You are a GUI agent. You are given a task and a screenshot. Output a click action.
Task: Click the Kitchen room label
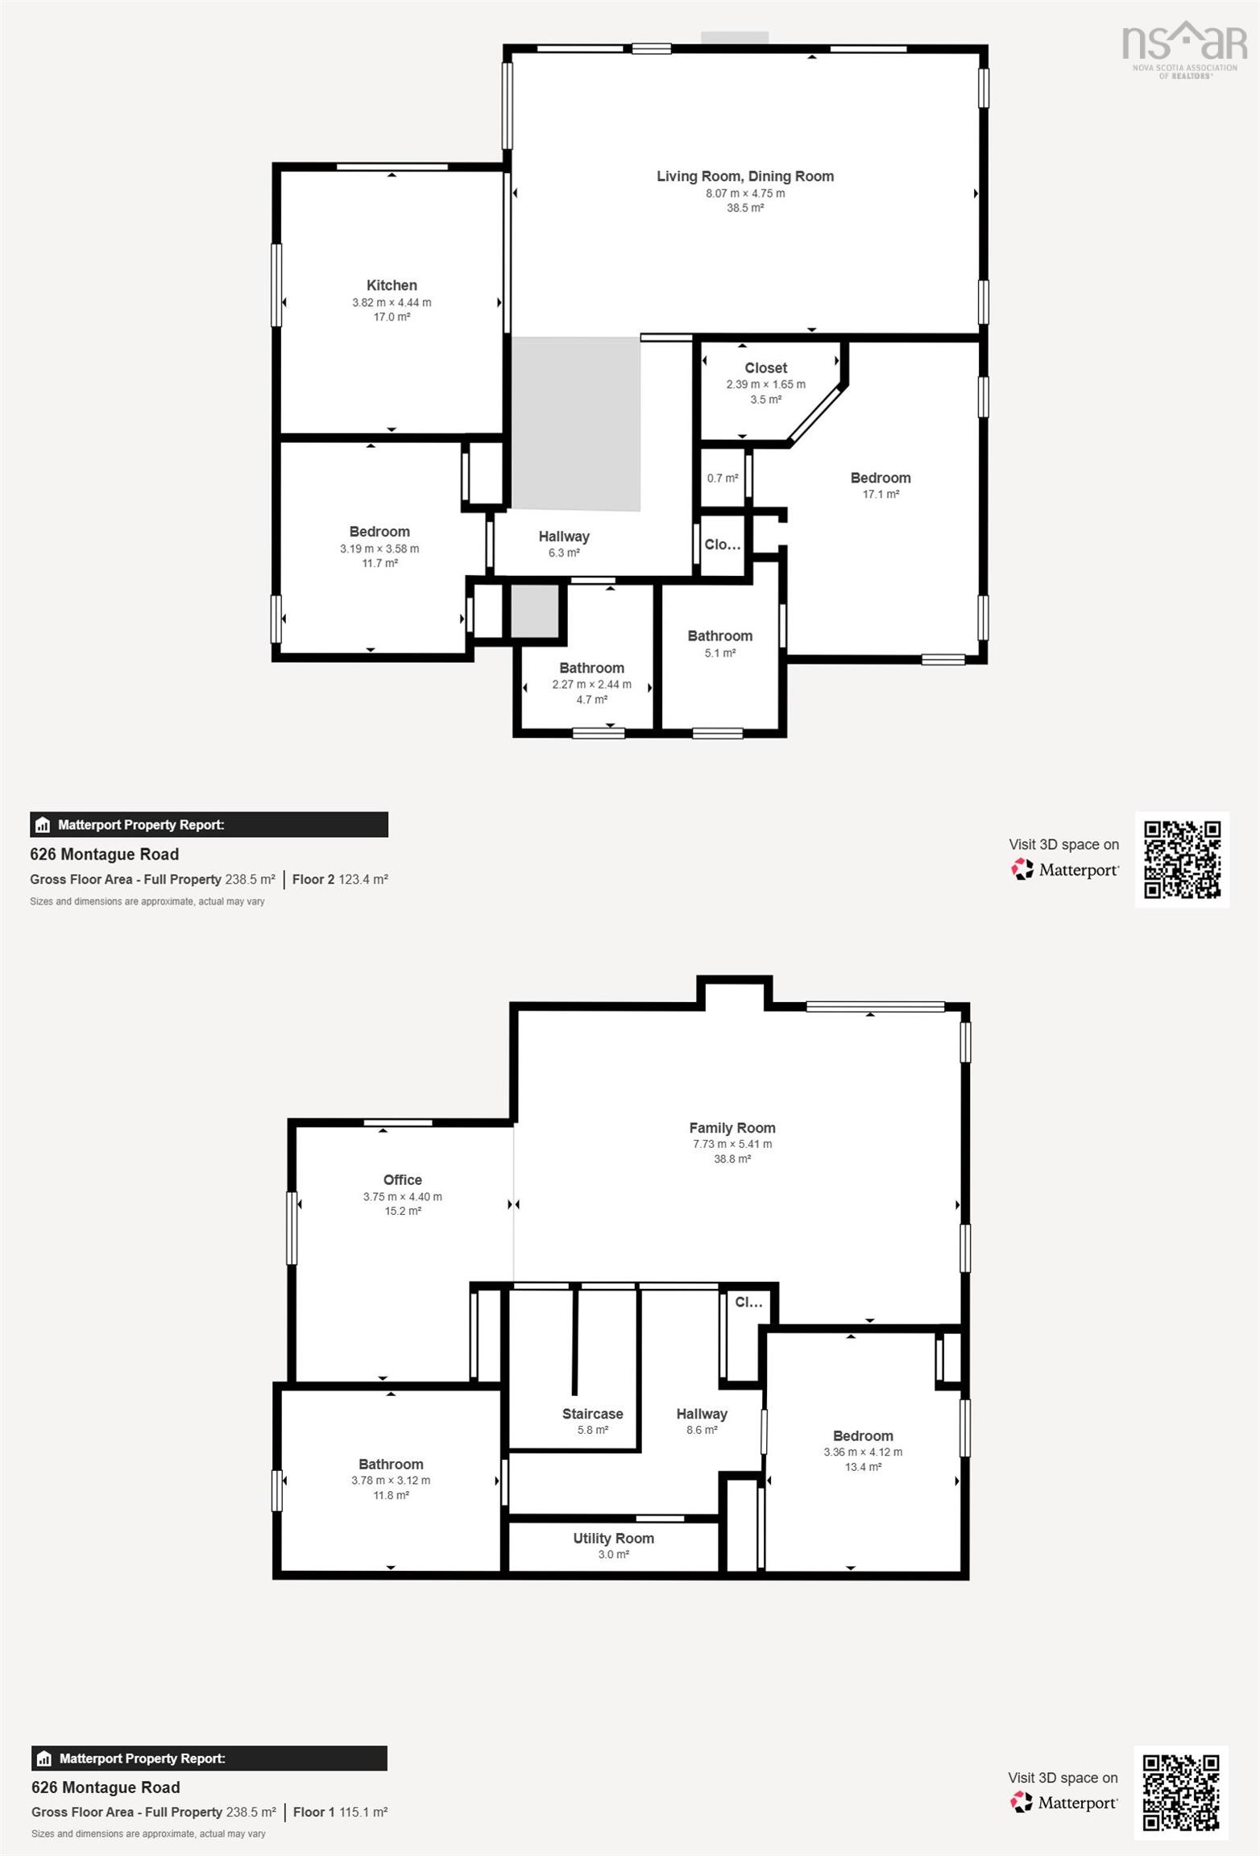(392, 285)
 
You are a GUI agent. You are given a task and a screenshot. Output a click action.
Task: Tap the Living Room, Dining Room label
(745, 176)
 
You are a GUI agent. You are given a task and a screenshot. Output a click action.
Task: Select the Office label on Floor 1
(403, 1179)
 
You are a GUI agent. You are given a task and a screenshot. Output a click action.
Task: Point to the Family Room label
(732, 1128)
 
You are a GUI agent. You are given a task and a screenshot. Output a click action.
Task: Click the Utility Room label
(614, 1538)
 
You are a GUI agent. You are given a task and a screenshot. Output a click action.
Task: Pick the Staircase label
(593, 1414)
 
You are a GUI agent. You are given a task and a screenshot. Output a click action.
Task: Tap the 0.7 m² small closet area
(723, 478)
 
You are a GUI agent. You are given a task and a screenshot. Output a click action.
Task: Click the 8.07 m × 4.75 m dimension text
(745, 193)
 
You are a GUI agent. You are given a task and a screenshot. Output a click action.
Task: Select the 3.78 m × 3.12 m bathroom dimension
(391, 1480)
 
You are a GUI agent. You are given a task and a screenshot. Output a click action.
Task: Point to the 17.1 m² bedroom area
(881, 494)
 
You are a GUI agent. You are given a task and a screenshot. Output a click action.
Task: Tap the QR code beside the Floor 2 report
(1183, 860)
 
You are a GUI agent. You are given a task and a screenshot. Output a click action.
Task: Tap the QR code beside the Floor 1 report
(1182, 1792)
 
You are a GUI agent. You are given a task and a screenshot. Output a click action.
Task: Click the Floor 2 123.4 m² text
(340, 879)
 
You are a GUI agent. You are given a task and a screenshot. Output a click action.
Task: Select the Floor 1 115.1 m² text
(340, 1812)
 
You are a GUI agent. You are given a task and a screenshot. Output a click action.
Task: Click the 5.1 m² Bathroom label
(720, 644)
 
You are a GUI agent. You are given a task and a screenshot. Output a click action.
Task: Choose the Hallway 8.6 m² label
(702, 1421)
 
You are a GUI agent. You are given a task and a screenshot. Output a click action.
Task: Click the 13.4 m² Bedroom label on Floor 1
(863, 1451)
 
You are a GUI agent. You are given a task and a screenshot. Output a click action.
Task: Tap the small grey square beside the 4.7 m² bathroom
(535, 611)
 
